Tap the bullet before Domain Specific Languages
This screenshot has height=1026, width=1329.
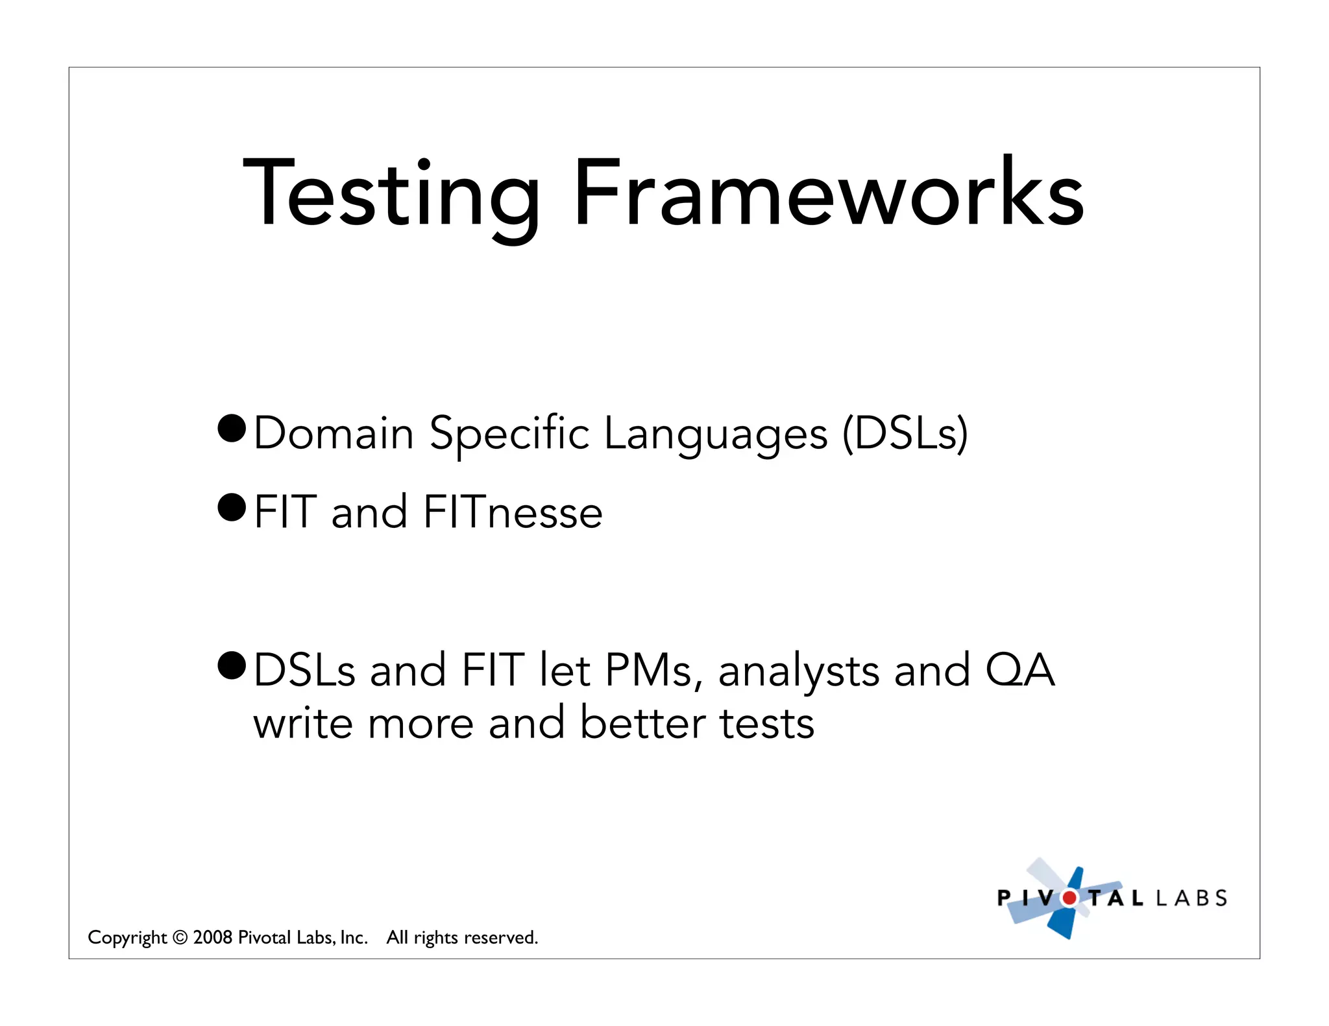pyautogui.click(x=232, y=429)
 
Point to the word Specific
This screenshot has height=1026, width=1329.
pyautogui.click(x=509, y=433)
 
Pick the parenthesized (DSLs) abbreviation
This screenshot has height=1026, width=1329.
pyautogui.click(x=905, y=433)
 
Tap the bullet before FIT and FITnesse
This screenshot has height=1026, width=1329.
pyautogui.click(x=232, y=507)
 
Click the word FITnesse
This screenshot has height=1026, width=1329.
pyautogui.click(x=513, y=512)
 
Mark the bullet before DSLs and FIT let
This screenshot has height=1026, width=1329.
pyautogui.click(x=232, y=665)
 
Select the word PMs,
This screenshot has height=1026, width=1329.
pyautogui.click(x=653, y=671)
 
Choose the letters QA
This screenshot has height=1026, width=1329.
pyautogui.click(x=1020, y=671)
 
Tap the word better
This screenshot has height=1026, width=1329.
pyautogui.click(x=642, y=723)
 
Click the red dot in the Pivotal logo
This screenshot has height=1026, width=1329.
pyautogui.click(x=1069, y=898)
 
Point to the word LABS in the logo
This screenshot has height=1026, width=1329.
pyautogui.click(x=1191, y=898)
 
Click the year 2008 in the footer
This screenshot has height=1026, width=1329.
pyautogui.click(x=213, y=938)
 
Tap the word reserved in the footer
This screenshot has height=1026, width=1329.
pyautogui.click(x=500, y=938)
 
